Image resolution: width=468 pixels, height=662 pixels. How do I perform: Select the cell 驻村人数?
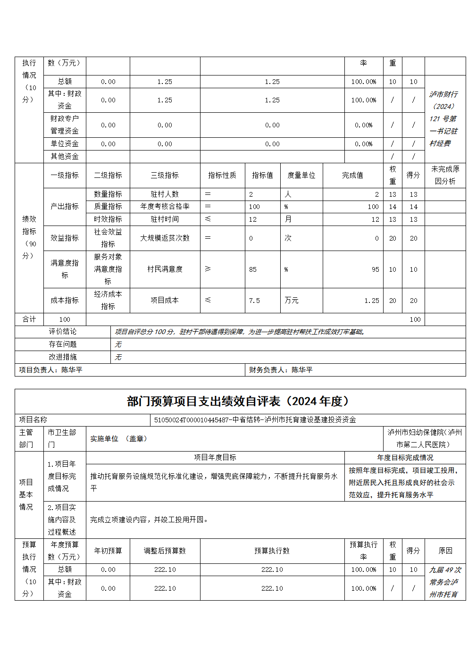click(x=165, y=194)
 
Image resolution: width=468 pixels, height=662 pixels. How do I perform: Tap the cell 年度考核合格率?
click(x=165, y=207)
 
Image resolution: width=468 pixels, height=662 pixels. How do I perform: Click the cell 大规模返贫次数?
click(x=165, y=238)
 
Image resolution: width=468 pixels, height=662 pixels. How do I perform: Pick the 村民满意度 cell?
click(x=165, y=269)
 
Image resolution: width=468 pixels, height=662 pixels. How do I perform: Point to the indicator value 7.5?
click(x=254, y=301)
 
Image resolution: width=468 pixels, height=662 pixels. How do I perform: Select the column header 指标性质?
click(x=222, y=175)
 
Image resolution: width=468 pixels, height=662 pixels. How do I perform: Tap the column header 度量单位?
click(x=301, y=175)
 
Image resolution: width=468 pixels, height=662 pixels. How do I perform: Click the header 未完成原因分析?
click(x=445, y=175)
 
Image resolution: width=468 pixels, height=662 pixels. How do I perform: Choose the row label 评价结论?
click(x=63, y=332)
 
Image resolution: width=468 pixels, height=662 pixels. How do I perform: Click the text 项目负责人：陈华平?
click(x=50, y=370)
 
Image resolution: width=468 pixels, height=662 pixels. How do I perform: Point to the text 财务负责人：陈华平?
click(x=281, y=370)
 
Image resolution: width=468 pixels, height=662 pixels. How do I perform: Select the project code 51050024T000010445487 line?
click(x=255, y=419)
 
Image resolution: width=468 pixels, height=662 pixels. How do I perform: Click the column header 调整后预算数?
click(x=165, y=551)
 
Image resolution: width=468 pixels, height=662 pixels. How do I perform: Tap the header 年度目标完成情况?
click(x=405, y=457)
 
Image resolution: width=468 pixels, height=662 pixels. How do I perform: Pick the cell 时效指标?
click(x=108, y=219)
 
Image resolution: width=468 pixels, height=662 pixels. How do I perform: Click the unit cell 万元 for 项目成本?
click(x=292, y=301)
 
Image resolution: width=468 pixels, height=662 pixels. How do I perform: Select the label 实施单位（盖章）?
click(x=118, y=438)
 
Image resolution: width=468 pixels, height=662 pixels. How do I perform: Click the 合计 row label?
click(x=29, y=319)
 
